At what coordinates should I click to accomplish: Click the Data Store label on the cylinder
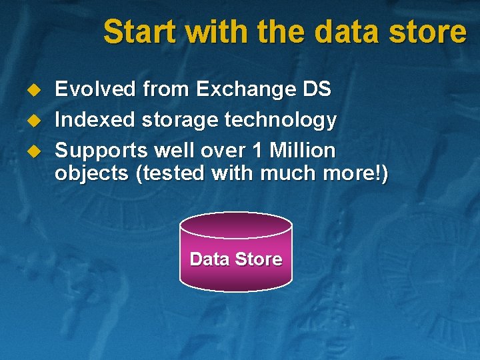[x=236, y=259]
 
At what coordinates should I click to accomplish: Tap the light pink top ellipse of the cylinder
[x=236, y=225]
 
